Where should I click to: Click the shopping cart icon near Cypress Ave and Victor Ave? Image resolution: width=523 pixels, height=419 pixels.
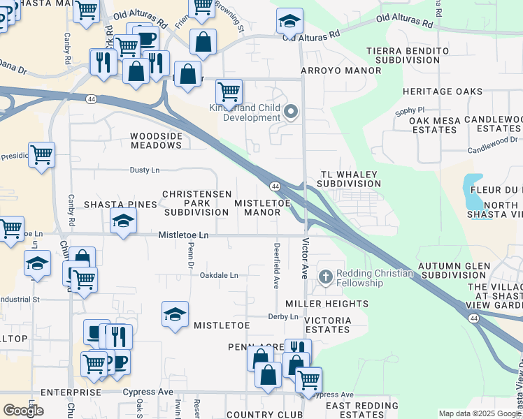[x=308, y=379]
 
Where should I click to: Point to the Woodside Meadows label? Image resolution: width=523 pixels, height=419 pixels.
[x=156, y=140]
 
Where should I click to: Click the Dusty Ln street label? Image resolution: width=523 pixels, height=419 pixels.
[x=145, y=170]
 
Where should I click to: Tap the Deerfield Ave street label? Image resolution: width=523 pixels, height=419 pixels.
[x=277, y=266]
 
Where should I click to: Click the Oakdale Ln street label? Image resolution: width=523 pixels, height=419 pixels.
[x=219, y=276]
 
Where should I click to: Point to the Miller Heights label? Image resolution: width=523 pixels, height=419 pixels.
[x=327, y=304]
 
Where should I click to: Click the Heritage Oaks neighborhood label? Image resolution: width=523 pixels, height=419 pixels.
[x=443, y=91]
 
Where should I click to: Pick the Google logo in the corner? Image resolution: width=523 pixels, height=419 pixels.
[x=23, y=411]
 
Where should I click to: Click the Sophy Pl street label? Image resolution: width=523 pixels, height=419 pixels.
[x=410, y=110]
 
